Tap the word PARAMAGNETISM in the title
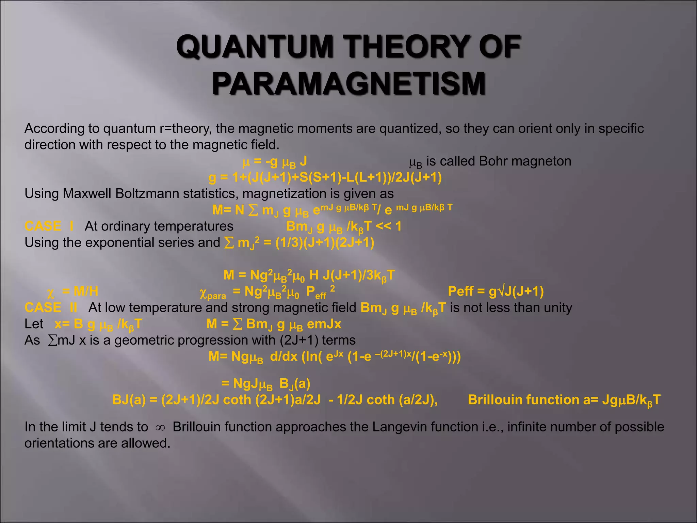coord(349,83)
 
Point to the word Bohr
coord(493,161)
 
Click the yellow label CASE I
coord(49,226)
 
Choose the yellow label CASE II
coord(51,307)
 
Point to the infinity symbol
coord(160,428)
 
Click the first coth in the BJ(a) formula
coord(237,400)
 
